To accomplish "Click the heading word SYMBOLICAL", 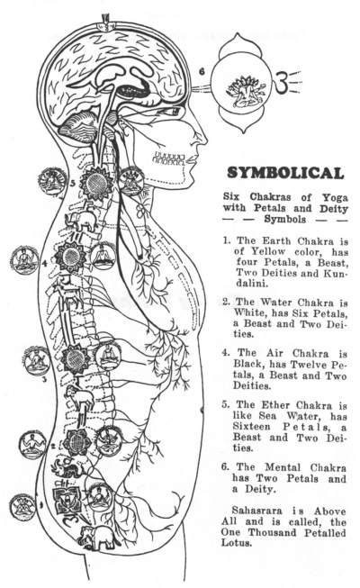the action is tap(285, 173).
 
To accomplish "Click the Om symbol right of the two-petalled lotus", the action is tap(282, 83).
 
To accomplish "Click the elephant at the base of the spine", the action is tap(99, 538).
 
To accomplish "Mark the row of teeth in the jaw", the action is tap(169, 158).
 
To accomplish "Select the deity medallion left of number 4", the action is tap(25, 260).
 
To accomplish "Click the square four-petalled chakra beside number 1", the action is tap(67, 501).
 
